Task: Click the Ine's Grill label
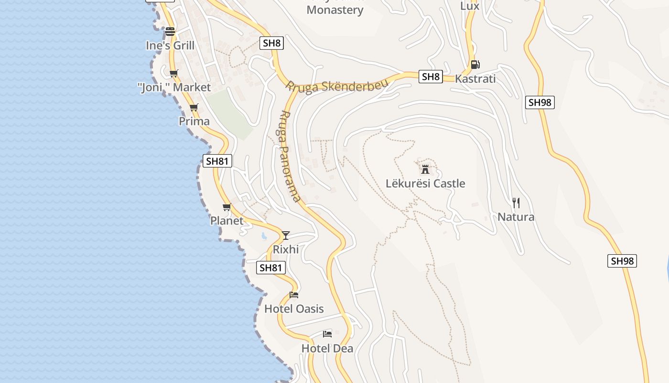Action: click(170, 45)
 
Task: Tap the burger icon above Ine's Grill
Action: click(170, 32)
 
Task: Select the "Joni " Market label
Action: click(174, 87)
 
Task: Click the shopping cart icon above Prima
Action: click(194, 108)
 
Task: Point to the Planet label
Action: click(227, 221)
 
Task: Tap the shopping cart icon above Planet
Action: click(227, 207)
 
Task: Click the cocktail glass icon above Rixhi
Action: click(286, 235)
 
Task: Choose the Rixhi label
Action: click(286, 249)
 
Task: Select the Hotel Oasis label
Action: click(294, 309)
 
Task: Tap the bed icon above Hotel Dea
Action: click(327, 334)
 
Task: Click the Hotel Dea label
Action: click(327, 348)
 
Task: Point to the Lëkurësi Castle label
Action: click(425, 183)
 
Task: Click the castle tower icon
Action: click(425, 169)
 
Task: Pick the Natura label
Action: click(516, 217)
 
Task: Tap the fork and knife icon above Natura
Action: click(516, 203)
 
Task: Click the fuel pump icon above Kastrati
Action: click(475, 65)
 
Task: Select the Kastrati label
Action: click(475, 79)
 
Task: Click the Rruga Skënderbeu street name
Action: click(337, 85)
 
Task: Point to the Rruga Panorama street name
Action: click(290, 156)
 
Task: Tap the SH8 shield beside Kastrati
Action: click(430, 77)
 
